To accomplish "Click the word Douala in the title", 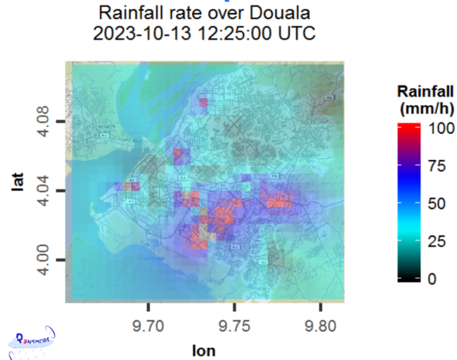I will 267,13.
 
